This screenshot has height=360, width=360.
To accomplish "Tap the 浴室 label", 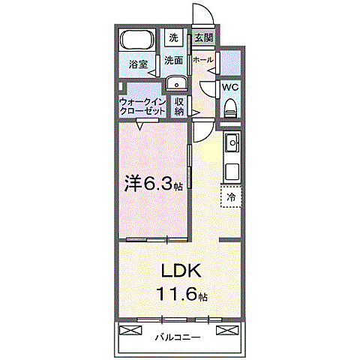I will (x=136, y=65).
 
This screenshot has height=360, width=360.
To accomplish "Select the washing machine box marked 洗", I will (x=173, y=37).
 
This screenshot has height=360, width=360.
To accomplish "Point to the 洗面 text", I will (x=174, y=59).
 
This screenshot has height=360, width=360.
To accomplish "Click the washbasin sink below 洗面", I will (x=176, y=85).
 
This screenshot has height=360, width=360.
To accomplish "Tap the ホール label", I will (x=202, y=59).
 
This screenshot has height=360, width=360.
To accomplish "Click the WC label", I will (x=230, y=85).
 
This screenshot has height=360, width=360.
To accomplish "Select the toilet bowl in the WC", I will (x=230, y=106).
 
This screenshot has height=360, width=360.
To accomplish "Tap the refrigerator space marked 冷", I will (x=231, y=196).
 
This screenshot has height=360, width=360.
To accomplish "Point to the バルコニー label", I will (x=178, y=337).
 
